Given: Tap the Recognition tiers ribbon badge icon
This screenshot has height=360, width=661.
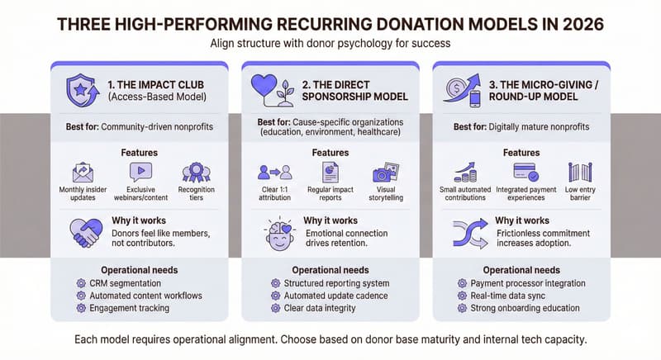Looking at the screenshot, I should tap(196, 172).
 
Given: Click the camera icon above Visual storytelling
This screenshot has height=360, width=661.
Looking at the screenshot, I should tap(386, 172).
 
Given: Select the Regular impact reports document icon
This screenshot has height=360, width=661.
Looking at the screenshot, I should tap(330, 172).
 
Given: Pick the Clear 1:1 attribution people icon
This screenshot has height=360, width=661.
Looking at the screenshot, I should tap(275, 172).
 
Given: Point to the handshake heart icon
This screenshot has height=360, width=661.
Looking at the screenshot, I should tap(88, 232).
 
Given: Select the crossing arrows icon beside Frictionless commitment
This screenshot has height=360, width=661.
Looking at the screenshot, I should tap(468, 233).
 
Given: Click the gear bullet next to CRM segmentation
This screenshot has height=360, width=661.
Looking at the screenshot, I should tap(81, 282).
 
